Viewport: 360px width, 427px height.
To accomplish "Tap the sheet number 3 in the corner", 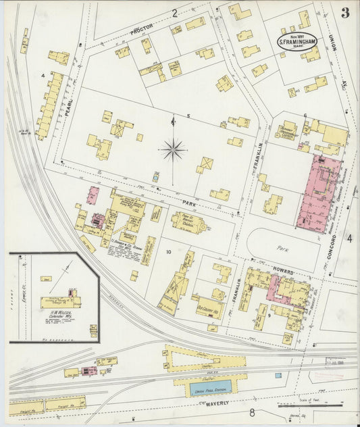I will pyautogui.click(x=345, y=12).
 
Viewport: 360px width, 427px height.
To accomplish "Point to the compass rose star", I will pyautogui.click(x=174, y=149).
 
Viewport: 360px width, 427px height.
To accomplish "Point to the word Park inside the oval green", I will pyautogui.click(x=283, y=248).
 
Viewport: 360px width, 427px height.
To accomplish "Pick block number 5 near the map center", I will pyautogui.click(x=188, y=116).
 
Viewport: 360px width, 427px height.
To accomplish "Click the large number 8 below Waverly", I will pyautogui.click(x=251, y=413).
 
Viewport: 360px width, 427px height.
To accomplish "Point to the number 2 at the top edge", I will pyautogui.click(x=174, y=12).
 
